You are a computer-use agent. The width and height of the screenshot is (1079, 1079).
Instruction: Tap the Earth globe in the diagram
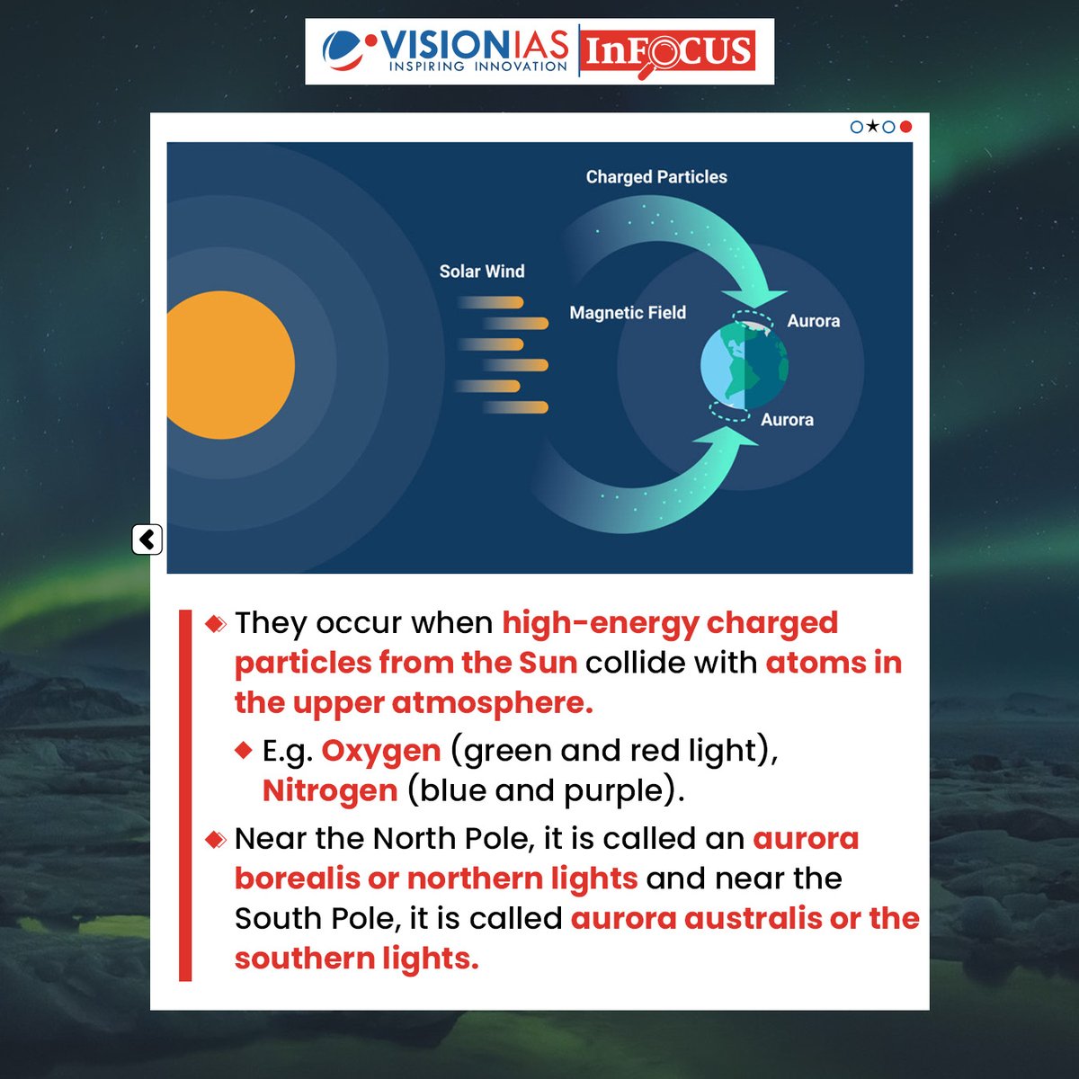click(744, 365)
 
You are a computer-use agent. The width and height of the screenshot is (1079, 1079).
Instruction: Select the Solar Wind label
click(482, 272)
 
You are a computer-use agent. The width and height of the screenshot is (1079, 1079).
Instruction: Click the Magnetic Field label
click(628, 313)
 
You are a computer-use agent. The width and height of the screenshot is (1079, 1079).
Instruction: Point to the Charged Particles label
click(656, 177)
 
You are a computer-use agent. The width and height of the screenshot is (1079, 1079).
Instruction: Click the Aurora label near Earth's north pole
click(813, 321)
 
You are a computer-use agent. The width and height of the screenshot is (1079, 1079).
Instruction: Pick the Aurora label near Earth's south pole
click(787, 420)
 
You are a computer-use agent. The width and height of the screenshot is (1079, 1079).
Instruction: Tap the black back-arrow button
click(147, 539)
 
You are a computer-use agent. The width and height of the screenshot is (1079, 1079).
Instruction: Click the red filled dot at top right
click(905, 127)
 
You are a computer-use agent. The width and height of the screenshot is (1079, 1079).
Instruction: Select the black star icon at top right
click(872, 127)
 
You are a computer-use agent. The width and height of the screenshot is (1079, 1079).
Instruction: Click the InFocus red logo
click(668, 51)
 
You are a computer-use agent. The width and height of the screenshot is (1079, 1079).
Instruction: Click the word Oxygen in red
click(381, 750)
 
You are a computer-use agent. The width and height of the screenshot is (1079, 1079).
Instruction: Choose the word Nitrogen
click(330, 790)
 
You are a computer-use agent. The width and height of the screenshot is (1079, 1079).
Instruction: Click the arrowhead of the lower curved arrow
click(727, 441)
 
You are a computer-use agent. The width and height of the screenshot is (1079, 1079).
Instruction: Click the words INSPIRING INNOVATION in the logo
click(477, 67)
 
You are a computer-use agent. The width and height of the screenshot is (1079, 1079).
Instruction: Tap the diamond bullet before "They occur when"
click(216, 623)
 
